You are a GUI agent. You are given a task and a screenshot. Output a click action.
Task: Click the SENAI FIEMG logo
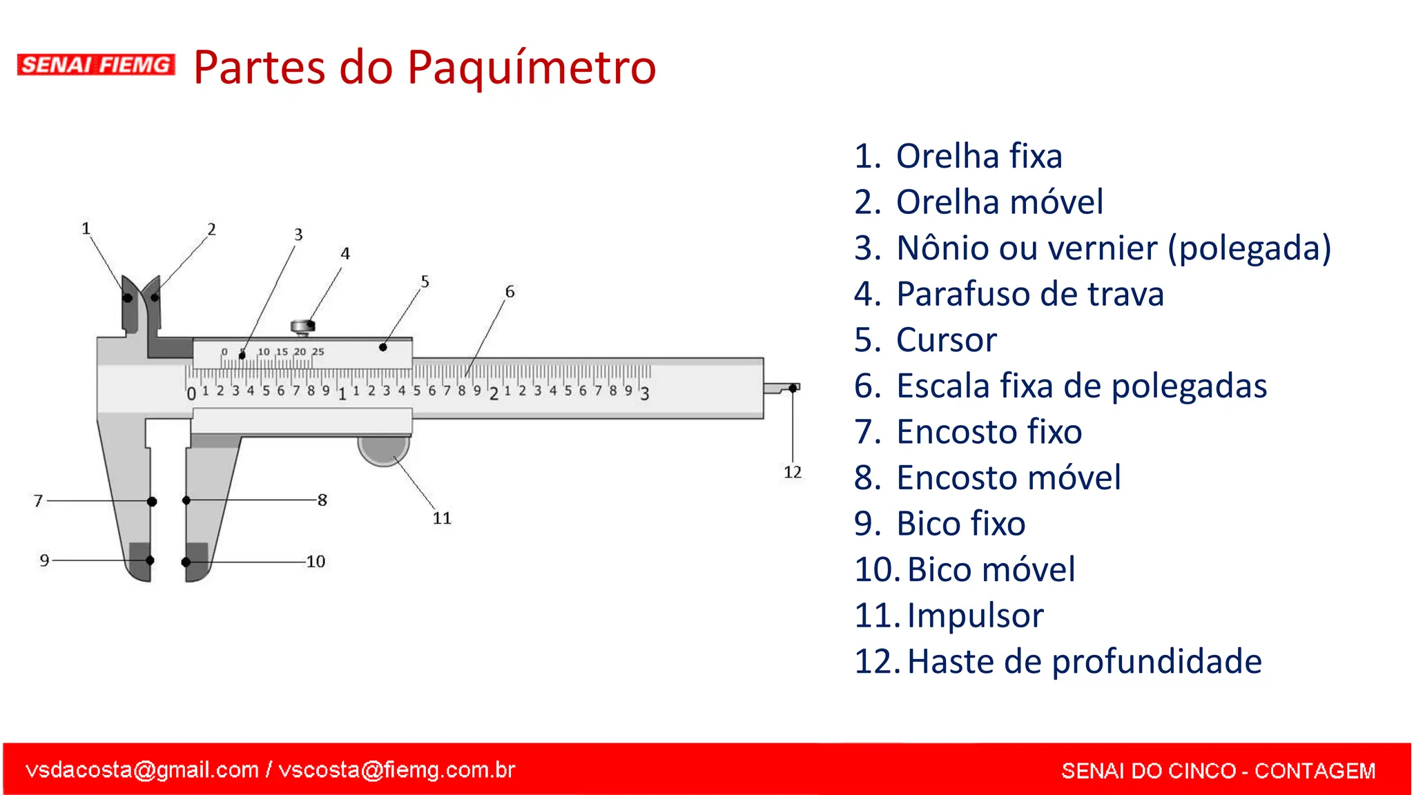click(96, 65)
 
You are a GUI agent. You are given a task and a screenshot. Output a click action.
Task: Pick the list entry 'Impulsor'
click(975, 616)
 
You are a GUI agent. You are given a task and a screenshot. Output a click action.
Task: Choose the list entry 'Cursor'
click(946, 340)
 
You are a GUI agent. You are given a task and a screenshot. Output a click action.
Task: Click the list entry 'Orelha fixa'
click(978, 156)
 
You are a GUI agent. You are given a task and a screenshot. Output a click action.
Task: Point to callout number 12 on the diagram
click(792, 472)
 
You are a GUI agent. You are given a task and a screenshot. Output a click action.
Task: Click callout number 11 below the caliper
click(442, 518)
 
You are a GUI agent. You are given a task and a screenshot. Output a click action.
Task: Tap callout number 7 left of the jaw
click(39, 500)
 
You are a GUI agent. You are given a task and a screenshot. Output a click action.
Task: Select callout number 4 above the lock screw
click(345, 254)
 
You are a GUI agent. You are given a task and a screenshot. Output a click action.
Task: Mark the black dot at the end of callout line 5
click(383, 347)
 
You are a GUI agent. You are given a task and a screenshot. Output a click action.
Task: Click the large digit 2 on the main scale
click(494, 394)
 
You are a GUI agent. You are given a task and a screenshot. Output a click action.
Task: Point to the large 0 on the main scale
click(191, 394)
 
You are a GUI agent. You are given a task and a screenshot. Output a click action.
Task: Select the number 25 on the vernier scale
click(318, 352)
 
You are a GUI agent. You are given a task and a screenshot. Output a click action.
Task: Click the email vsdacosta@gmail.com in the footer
click(142, 769)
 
